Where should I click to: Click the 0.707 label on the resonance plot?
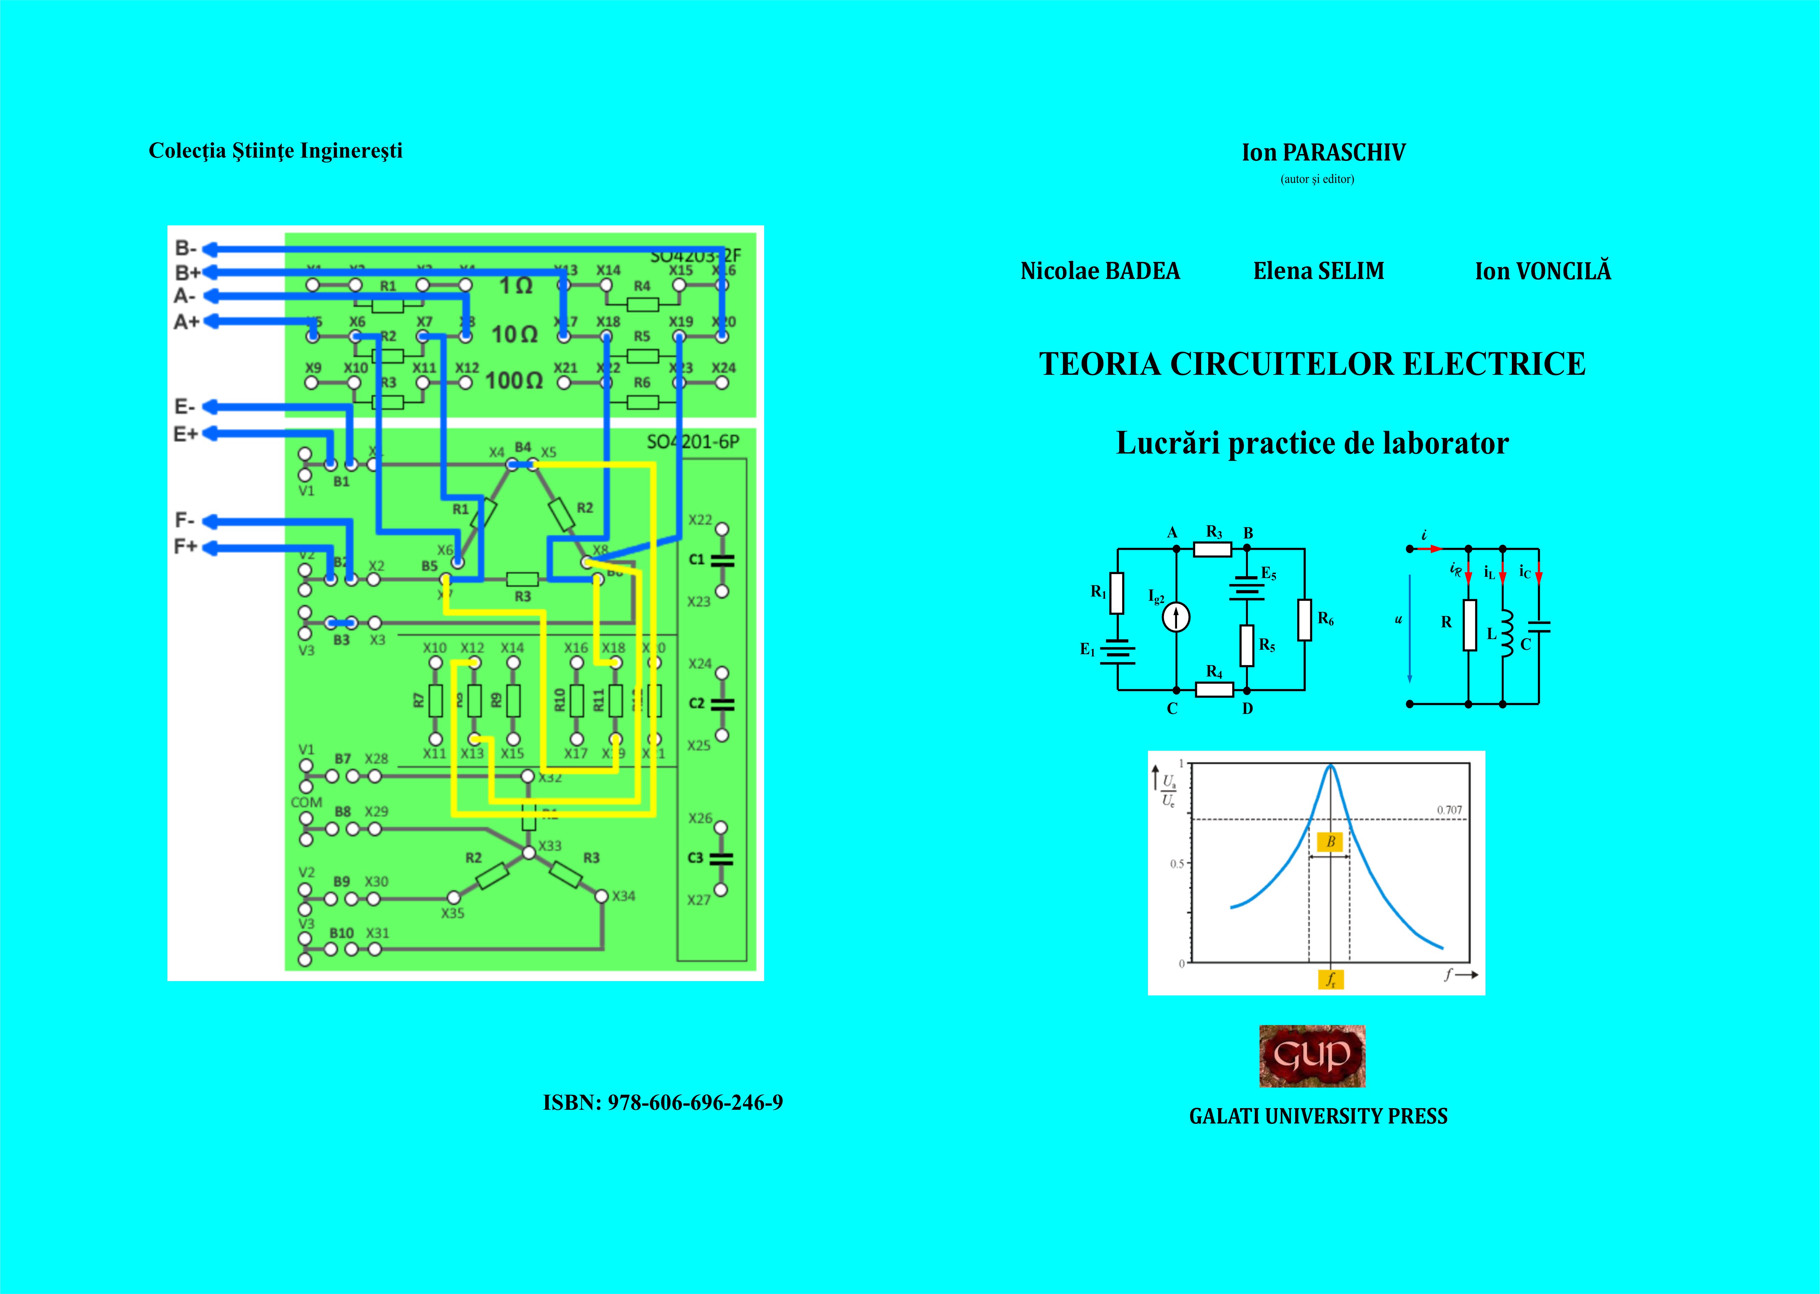(x=1450, y=810)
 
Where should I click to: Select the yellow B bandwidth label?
(x=1330, y=841)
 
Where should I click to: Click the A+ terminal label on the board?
(x=187, y=322)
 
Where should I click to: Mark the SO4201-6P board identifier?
(x=693, y=441)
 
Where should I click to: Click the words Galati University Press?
(x=1318, y=1116)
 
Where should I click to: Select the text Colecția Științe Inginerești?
(x=276, y=151)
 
